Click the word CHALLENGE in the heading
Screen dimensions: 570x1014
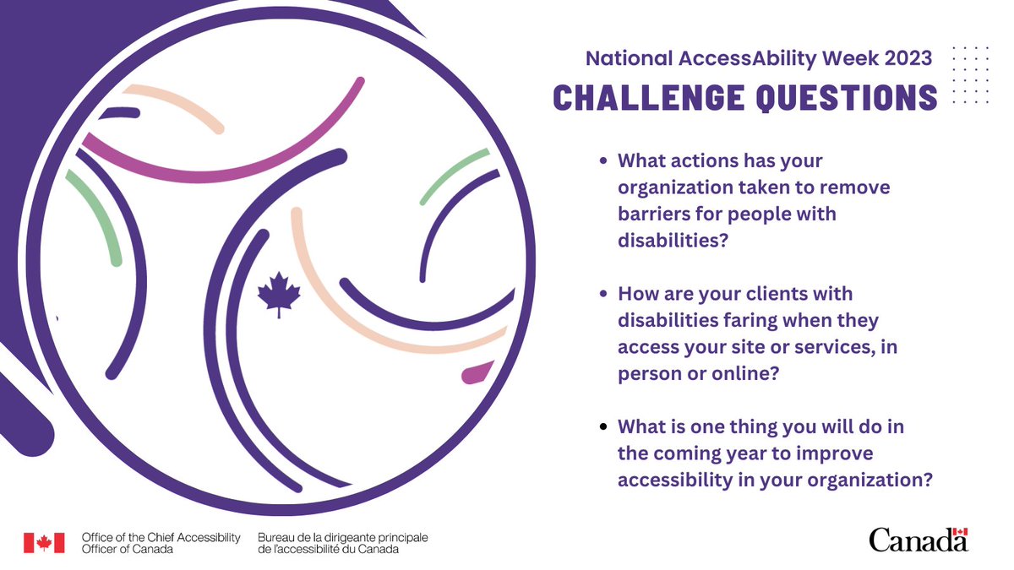coord(639,97)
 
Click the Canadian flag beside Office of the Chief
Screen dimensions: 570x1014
coord(44,543)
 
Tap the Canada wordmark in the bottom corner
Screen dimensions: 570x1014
coord(918,539)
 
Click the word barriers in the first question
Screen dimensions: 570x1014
coord(651,214)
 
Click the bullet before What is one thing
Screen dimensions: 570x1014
coord(602,427)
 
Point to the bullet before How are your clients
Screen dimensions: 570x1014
coord(602,294)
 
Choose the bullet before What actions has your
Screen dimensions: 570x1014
coord(602,160)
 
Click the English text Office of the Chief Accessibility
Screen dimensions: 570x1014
coord(161,537)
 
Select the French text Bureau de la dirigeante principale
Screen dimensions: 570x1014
coord(343,537)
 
